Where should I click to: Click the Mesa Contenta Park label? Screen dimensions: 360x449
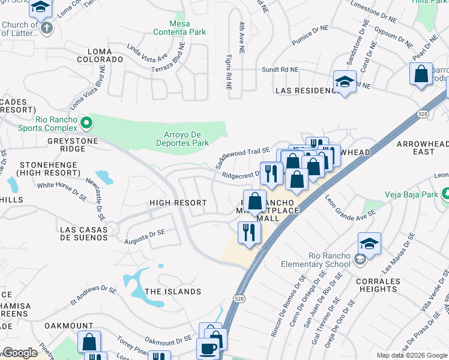pos(179,28)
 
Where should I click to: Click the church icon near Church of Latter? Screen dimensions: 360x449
pos(46,28)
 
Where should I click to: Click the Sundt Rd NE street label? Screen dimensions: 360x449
pos(280,70)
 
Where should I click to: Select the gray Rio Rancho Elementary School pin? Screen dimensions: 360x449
pos(360,259)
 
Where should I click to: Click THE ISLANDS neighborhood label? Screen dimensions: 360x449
pos(173,292)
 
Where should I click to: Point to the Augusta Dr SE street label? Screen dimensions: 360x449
pos(145,236)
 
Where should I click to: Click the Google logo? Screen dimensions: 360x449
pos(20,353)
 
